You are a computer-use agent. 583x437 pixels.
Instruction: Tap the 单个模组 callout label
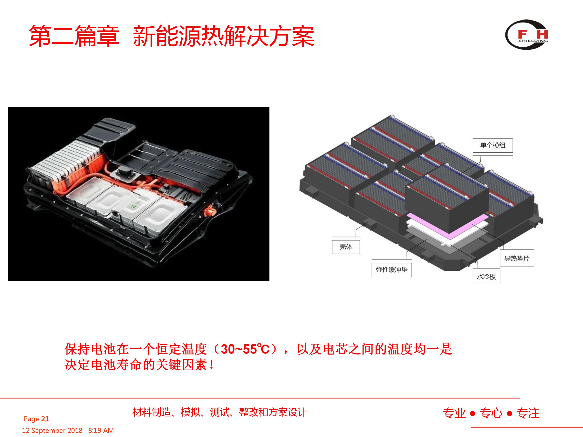(x=493, y=145)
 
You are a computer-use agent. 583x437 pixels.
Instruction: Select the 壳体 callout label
(x=346, y=247)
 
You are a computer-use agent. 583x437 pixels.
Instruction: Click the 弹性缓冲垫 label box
(x=392, y=270)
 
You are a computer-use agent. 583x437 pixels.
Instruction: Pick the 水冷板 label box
(x=486, y=277)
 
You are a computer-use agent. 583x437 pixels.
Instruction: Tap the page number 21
(x=45, y=419)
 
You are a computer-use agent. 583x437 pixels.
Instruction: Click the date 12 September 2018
(x=52, y=430)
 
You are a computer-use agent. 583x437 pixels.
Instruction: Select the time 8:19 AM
(x=101, y=430)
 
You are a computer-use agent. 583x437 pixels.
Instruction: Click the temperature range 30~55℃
(x=245, y=349)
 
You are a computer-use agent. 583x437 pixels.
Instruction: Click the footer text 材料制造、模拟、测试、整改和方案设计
(x=220, y=412)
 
